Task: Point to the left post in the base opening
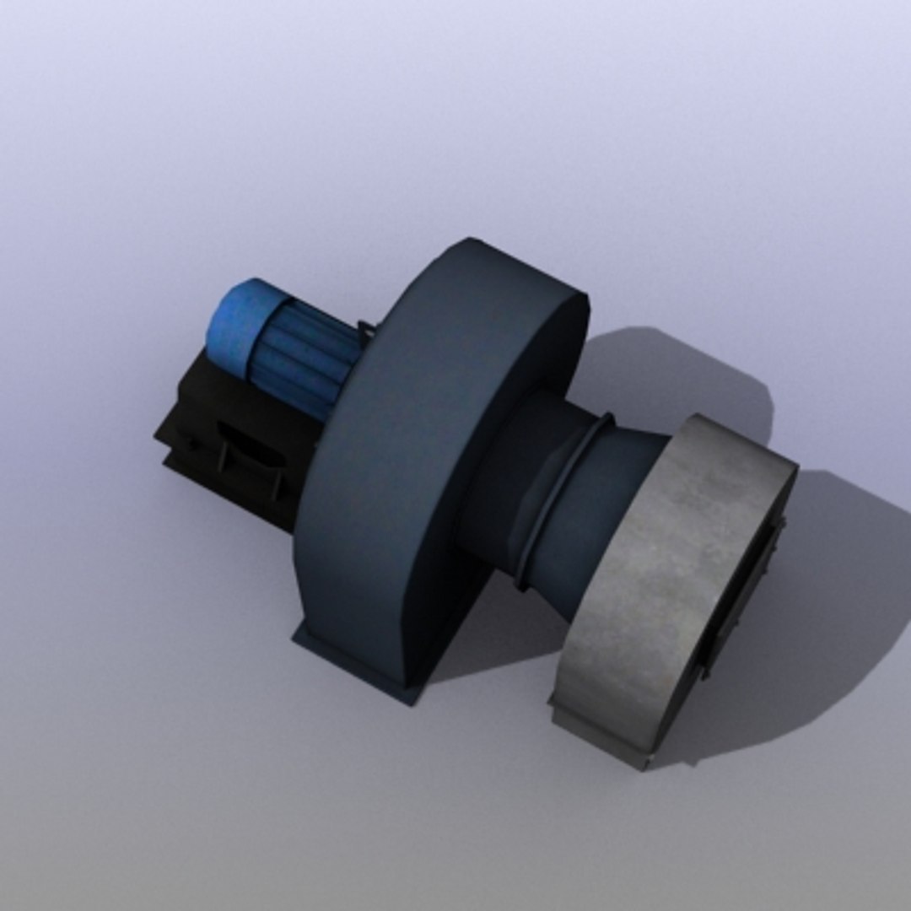click(224, 455)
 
